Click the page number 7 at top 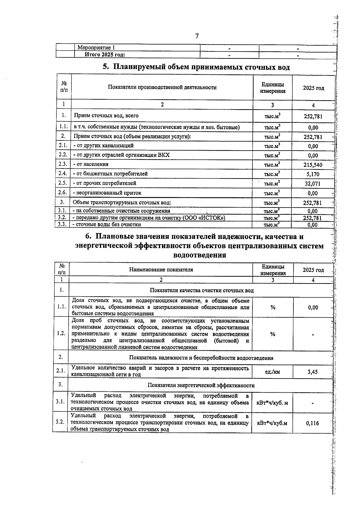pyautogui.click(x=197, y=36)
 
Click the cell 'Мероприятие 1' pyautogui.click(x=96, y=48)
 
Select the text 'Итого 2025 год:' pyautogui.click(x=105, y=55)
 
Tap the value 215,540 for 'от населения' pyautogui.click(x=313, y=165)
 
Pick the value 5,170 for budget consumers pyautogui.click(x=313, y=174)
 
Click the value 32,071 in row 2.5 pyautogui.click(x=313, y=184)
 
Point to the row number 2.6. pyautogui.click(x=63, y=193)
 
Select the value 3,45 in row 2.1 pyautogui.click(x=313, y=372)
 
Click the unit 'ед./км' pyautogui.click(x=272, y=372)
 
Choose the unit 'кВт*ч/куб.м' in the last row pyautogui.click(x=272, y=423)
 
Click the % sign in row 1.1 pyautogui.click(x=273, y=307)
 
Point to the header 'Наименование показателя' pyautogui.click(x=161, y=269)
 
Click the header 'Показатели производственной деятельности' pyautogui.click(x=162, y=88)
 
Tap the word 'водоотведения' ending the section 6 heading pyautogui.click(x=199, y=255)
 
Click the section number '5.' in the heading pyautogui.click(x=106, y=67)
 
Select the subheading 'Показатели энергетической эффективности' pyautogui.click(x=201, y=385)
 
